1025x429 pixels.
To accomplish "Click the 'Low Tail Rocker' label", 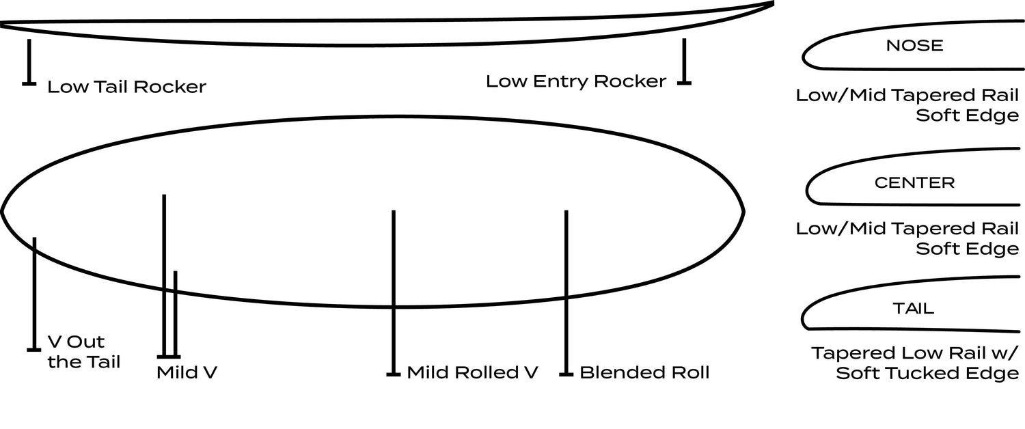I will tap(126, 87).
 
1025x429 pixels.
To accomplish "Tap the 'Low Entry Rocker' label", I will tap(575, 81).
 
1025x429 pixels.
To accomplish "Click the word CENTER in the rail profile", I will tap(914, 183).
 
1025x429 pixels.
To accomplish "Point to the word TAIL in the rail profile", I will tap(914, 308).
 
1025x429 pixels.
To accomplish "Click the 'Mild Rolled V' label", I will tap(472, 372).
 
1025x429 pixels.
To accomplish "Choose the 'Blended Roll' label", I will tap(644, 372).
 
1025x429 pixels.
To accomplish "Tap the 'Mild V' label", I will tap(187, 372).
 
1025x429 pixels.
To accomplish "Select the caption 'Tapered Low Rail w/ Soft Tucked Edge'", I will tap(915, 363).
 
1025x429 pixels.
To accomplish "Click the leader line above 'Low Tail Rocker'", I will tap(29, 61).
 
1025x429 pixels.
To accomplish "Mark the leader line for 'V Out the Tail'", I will tap(33, 294).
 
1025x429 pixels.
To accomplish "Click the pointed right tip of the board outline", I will tap(743, 211).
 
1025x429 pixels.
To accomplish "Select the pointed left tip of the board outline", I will tap(3, 211).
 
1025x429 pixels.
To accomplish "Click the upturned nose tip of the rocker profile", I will tap(771, 3).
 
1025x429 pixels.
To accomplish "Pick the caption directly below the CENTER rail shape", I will tap(907, 238).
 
